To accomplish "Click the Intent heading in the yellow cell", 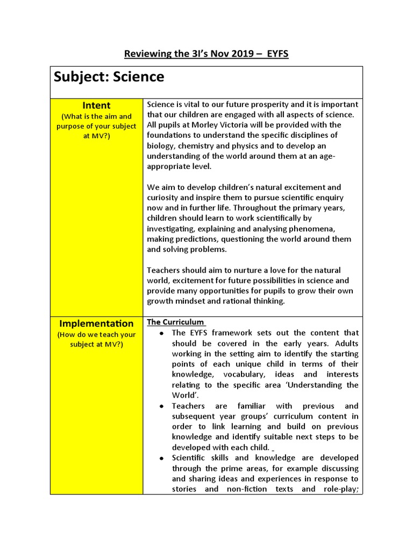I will coord(96,105).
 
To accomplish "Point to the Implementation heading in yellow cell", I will coord(96,323).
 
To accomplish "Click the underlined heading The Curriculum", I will coord(175,322).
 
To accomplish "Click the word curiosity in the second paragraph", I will coord(165,197).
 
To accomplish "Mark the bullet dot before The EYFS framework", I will coord(161,334).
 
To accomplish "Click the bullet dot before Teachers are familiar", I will coord(161,406).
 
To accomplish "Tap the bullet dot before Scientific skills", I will coord(161,458).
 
